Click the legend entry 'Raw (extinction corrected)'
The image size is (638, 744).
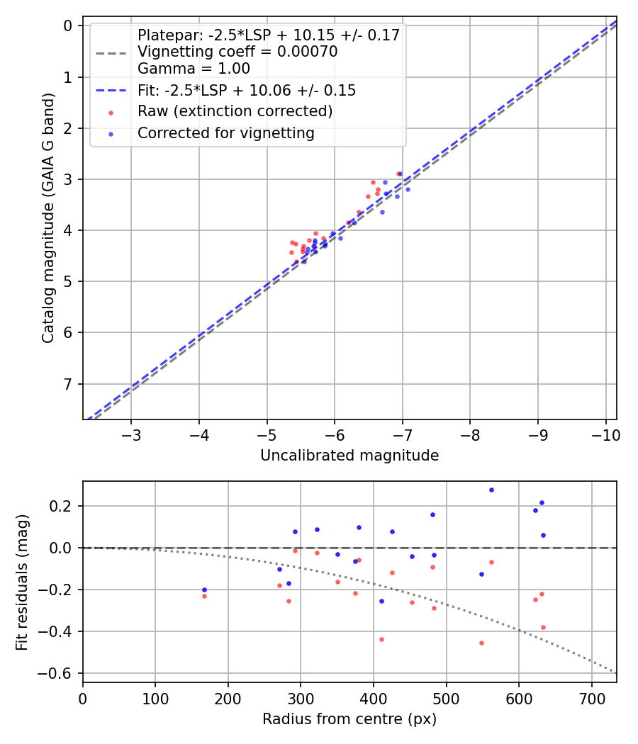pos(235,111)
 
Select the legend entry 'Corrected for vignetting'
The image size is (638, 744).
pos(225,133)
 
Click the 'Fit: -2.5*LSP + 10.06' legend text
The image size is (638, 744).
pos(246,90)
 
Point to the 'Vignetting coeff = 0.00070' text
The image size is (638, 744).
pos(237,52)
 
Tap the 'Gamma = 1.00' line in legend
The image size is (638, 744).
pos(194,69)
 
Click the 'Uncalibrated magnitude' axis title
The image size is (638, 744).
pos(349,456)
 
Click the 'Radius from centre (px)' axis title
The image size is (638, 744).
pos(349,719)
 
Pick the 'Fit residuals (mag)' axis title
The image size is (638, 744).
pos(23,582)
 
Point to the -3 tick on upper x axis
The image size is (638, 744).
pos(131,433)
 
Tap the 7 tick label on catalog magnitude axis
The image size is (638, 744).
pos(69,384)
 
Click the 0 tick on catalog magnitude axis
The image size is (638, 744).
pos(69,26)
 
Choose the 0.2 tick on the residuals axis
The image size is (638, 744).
pos(63,506)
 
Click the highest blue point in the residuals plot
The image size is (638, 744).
pos(491,490)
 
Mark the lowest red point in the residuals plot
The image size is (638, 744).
pos(481,643)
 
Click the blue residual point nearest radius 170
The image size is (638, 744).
pos(204,590)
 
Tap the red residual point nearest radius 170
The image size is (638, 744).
pos(204,596)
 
